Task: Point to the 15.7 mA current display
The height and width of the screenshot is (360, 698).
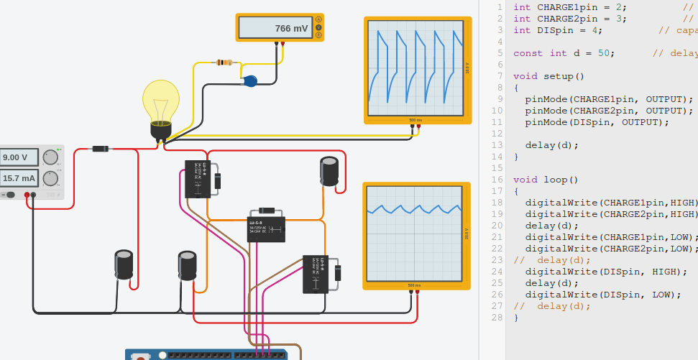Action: coord(19,177)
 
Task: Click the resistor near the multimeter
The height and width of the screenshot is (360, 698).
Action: coord(224,63)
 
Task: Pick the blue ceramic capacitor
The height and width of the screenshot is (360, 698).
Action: coord(250,80)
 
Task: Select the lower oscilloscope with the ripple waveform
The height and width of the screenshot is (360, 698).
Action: coord(413,234)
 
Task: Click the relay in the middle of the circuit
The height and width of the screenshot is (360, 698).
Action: coord(266,230)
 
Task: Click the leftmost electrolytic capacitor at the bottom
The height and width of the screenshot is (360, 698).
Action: coord(124,264)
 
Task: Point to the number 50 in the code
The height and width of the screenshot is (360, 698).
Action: coord(603,53)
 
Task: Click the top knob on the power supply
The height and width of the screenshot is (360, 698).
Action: coord(51,157)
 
